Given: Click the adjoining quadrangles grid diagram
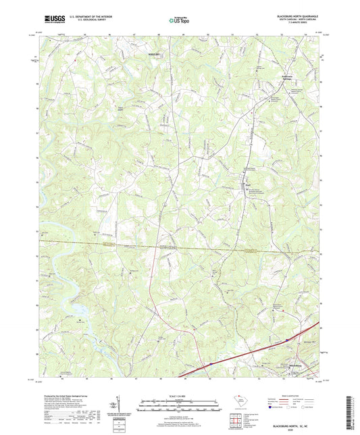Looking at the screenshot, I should pos(236,421).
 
